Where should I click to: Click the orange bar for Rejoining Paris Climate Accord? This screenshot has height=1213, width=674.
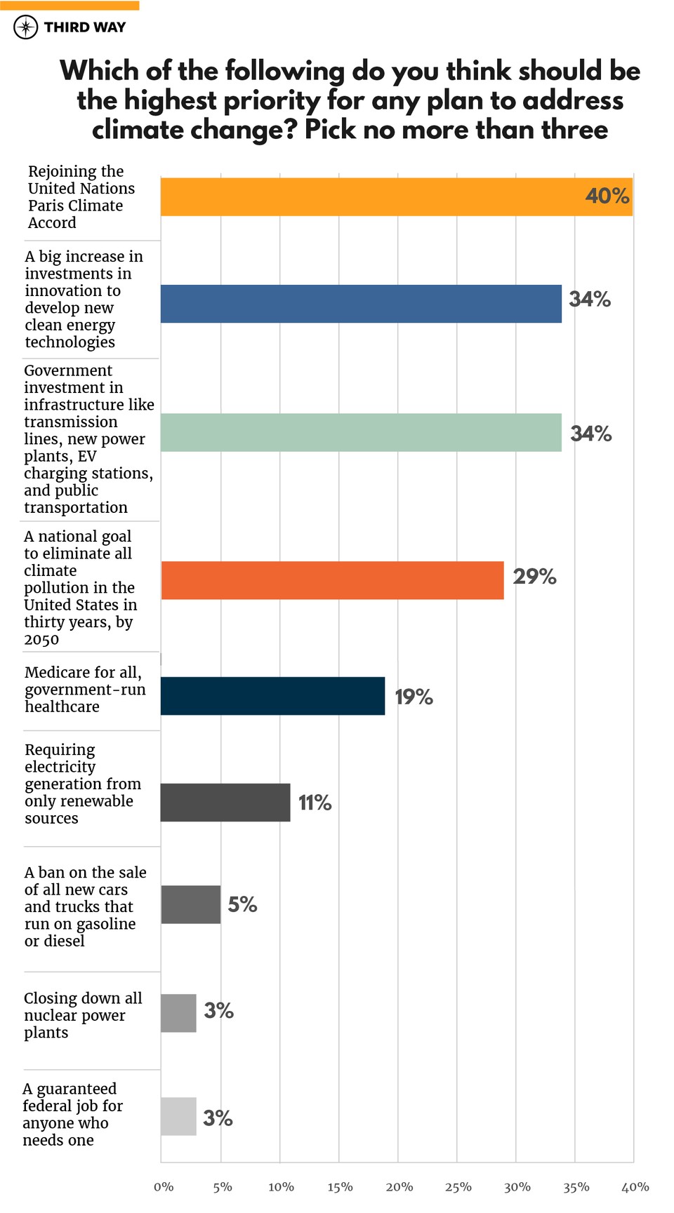click(397, 196)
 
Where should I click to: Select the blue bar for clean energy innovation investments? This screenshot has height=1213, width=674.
click(361, 304)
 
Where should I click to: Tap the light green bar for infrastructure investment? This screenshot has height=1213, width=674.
click(361, 432)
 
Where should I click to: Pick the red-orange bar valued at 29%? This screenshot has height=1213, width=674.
click(332, 580)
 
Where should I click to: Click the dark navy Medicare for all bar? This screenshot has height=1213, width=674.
click(272, 696)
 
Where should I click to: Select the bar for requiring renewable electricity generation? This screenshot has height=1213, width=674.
click(225, 803)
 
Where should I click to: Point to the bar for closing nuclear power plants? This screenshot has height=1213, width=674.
click(178, 1013)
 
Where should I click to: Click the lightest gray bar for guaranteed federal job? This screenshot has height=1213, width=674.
click(178, 1116)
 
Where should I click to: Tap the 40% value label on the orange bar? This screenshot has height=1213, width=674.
click(607, 196)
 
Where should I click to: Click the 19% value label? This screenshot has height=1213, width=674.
click(414, 697)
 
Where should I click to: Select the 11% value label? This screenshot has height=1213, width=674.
click(315, 803)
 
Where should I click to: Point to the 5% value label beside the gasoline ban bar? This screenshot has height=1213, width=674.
click(242, 905)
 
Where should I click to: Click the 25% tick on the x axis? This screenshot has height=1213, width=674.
click(458, 1187)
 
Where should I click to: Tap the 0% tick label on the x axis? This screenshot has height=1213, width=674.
click(164, 1187)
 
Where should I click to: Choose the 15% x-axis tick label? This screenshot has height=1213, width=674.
click(340, 1187)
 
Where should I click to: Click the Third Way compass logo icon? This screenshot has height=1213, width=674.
click(26, 27)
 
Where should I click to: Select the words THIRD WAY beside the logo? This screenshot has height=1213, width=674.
click(85, 27)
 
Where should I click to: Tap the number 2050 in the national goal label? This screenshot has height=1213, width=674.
click(41, 639)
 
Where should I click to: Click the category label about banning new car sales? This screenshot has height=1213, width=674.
click(84, 906)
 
